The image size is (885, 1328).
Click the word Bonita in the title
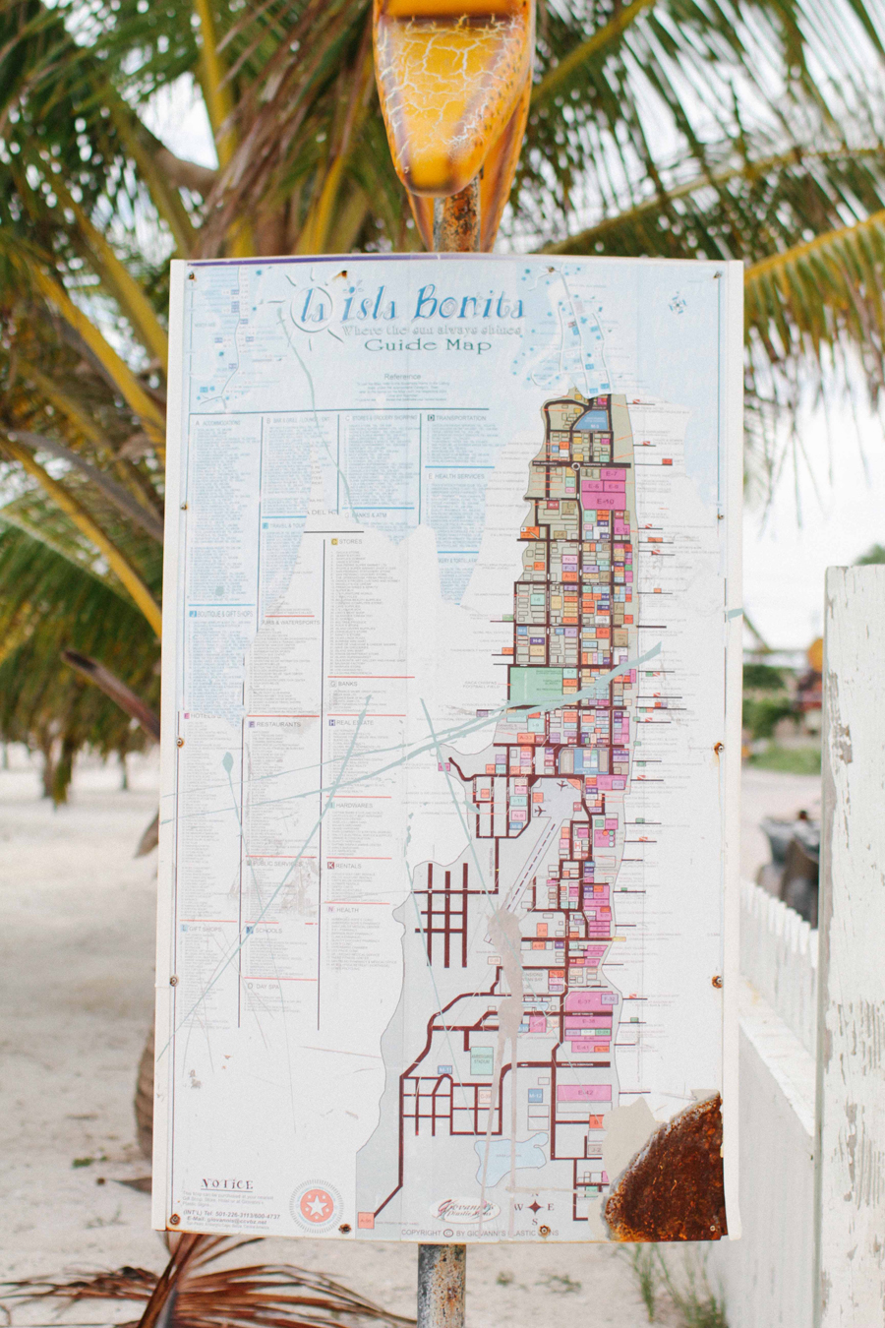tap(468, 304)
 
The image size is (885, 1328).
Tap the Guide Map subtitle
tap(427, 345)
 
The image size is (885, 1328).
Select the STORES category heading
tap(349, 542)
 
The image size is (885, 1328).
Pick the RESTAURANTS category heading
tap(276, 724)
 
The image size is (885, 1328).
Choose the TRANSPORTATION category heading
tap(459, 418)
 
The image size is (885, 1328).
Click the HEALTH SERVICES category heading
tap(458, 476)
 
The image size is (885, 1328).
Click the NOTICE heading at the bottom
tap(227, 1184)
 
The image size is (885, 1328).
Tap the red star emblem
tap(316, 1206)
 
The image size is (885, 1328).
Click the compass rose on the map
tap(536, 1207)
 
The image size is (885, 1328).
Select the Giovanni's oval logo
tap(463, 1210)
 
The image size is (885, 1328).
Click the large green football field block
tap(537, 686)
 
